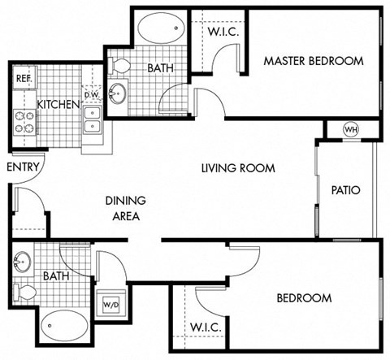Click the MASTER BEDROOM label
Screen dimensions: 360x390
pyautogui.click(x=313, y=61)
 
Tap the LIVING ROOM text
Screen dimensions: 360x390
pyautogui.click(x=239, y=168)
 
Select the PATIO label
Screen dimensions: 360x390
pyautogui.click(x=345, y=191)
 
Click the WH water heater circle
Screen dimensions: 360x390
pyautogui.click(x=351, y=129)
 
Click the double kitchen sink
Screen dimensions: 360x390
pyautogui.click(x=92, y=125)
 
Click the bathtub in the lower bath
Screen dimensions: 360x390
pyautogui.click(x=65, y=327)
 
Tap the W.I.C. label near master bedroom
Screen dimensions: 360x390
pyautogui.click(x=222, y=33)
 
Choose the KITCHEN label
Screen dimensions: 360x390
pyautogui.click(x=58, y=105)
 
